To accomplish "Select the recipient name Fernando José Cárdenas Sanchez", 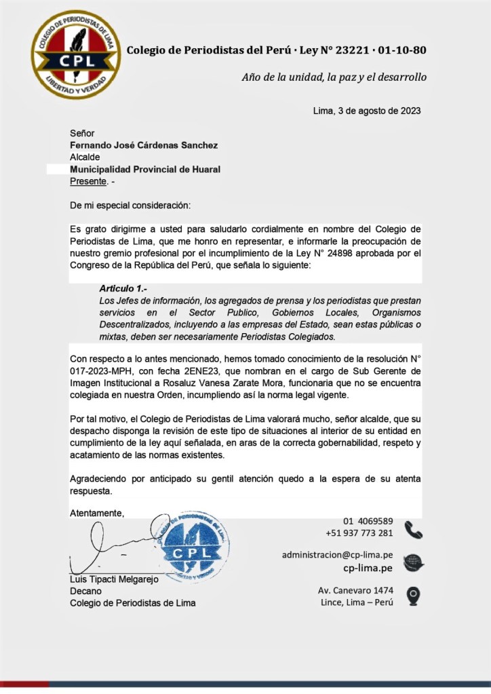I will point(144,144).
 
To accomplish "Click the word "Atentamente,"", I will point(97,513).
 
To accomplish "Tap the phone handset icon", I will point(413,529).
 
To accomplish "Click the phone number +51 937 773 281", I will point(359,533).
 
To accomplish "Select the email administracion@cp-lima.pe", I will point(337,555).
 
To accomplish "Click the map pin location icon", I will point(412,596).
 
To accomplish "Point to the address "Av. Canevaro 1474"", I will point(355,590).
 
